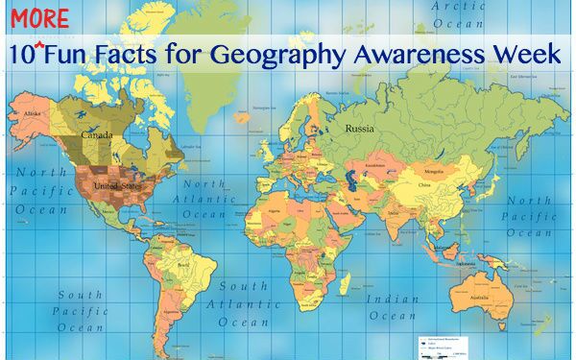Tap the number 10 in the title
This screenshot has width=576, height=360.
(x=20, y=56)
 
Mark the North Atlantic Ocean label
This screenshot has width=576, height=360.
(x=204, y=199)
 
